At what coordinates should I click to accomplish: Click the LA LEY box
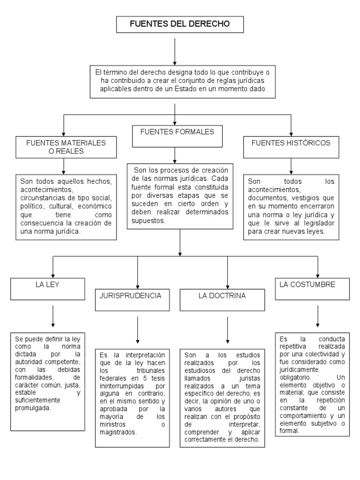[x=52, y=288]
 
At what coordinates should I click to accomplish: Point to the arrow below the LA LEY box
[x=52, y=316]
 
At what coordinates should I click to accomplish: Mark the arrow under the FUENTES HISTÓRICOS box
[x=291, y=165]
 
